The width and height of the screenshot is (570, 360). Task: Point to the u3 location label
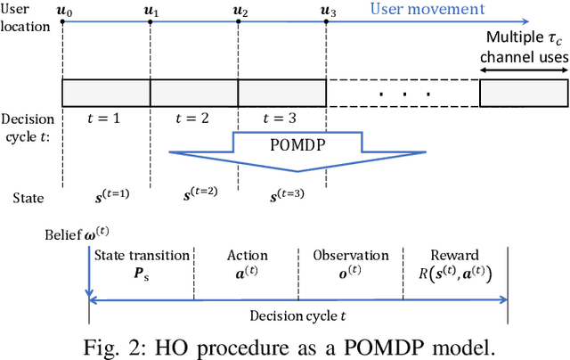coord(327,11)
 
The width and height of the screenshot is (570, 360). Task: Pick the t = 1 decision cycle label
coord(106,117)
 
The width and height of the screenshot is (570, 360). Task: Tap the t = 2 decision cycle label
coord(193,117)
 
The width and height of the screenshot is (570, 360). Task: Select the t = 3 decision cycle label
coord(281,117)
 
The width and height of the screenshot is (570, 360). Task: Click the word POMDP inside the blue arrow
coord(297,143)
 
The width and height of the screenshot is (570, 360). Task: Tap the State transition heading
coord(142,255)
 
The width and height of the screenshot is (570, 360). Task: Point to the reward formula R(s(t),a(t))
coord(455,274)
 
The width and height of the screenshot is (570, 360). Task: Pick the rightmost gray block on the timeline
coord(523,93)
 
